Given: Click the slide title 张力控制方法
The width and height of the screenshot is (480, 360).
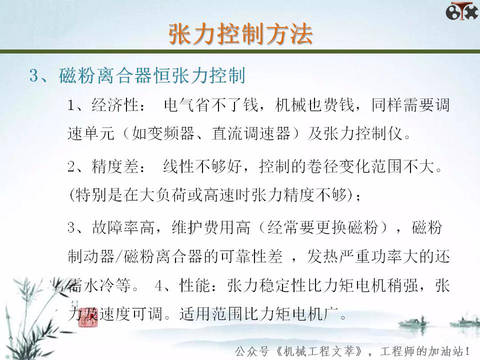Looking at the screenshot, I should click(x=240, y=34).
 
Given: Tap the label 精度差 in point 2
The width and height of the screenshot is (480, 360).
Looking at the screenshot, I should click(x=115, y=166).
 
